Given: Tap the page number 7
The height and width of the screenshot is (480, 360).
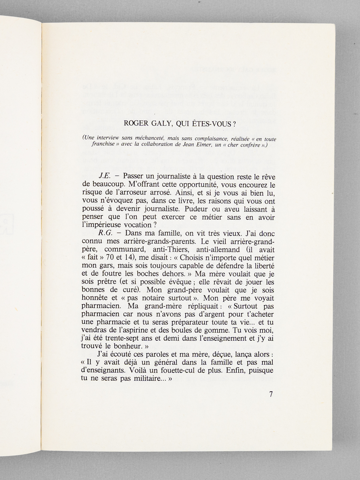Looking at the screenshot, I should click(271, 394).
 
